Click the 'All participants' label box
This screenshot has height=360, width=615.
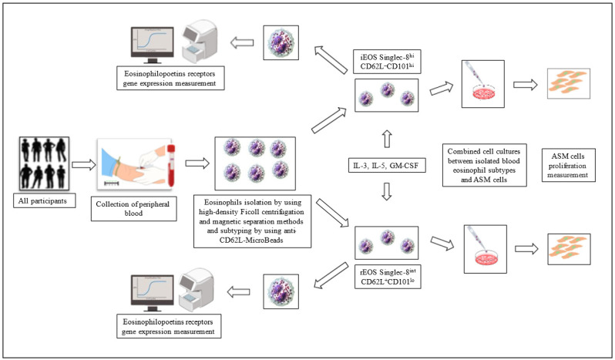tap(45, 200)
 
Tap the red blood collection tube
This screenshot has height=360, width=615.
tap(171, 165)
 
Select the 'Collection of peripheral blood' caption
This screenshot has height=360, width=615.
tap(133, 209)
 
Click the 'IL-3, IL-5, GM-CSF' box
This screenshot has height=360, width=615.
tap(386, 166)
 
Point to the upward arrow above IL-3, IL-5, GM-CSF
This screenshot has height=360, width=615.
tap(387, 139)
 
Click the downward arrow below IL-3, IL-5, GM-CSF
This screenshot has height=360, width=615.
tap(387, 191)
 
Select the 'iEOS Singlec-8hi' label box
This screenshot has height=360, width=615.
tap(388, 62)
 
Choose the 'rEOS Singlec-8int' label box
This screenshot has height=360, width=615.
tap(388, 277)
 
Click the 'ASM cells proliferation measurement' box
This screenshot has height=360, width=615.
tap(568, 165)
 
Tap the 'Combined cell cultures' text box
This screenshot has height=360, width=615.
tap(485, 165)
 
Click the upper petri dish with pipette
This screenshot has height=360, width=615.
tap(482, 84)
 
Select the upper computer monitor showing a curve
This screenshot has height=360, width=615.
tap(153, 45)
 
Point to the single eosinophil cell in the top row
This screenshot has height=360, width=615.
tap(281, 42)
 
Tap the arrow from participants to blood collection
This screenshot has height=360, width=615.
tap(83, 165)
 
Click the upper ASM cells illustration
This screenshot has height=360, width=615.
tap(568, 83)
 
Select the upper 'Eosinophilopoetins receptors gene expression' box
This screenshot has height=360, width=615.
tap(170, 78)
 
